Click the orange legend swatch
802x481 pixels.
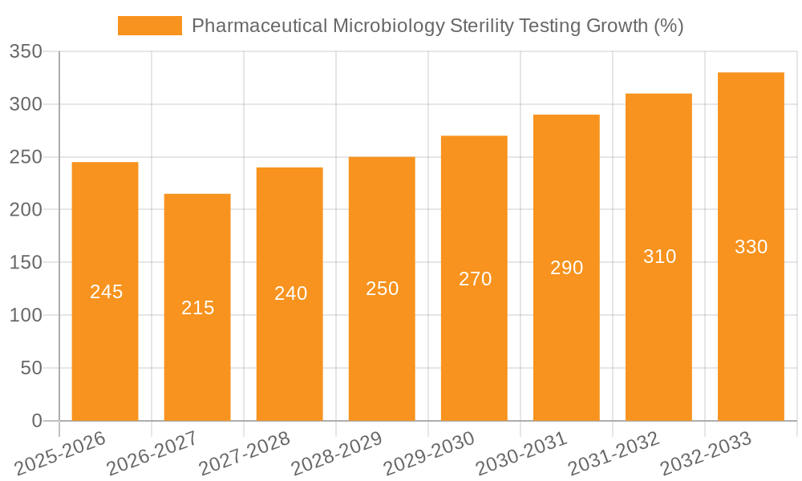(150, 26)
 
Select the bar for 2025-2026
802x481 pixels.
(105, 337)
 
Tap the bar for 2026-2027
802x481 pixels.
(197, 353)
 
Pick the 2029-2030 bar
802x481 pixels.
(474, 337)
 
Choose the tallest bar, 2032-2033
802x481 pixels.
(751, 321)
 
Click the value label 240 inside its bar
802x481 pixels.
(290, 293)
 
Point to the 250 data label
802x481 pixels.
(382, 289)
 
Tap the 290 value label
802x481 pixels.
(566, 268)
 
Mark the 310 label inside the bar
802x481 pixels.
(659, 257)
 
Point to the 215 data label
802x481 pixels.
(197, 308)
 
